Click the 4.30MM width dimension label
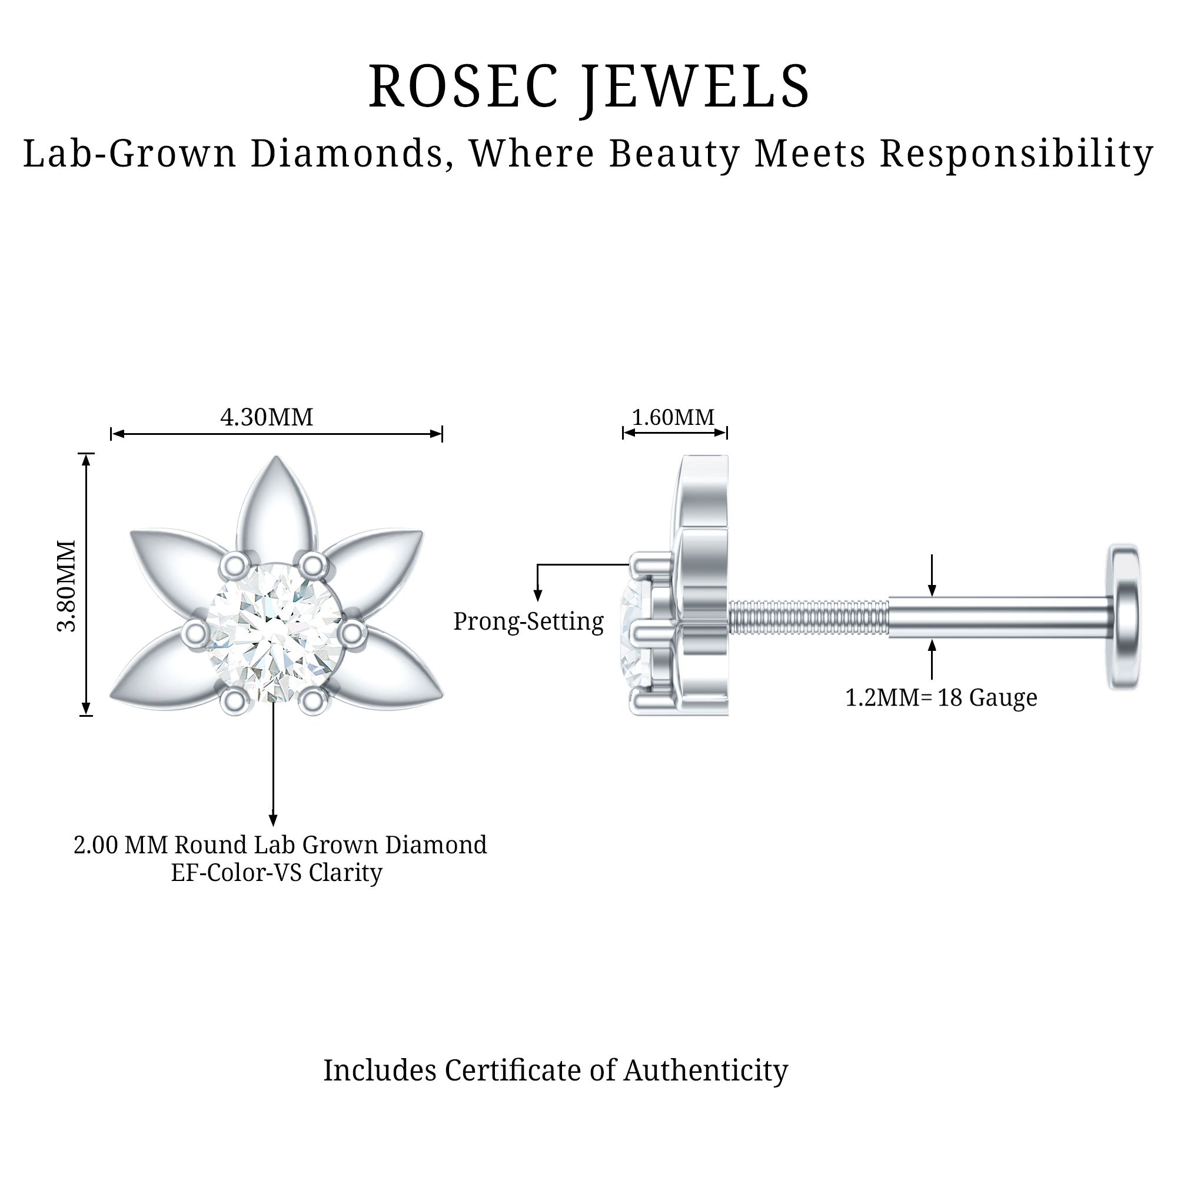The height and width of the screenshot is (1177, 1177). (266, 417)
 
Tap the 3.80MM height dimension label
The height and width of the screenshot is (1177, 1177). (67, 585)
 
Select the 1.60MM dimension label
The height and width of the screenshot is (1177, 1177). (673, 417)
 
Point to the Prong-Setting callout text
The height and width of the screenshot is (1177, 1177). (528, 621)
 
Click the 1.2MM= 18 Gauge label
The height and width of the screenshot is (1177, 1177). (940, 697)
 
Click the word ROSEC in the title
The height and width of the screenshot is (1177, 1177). (463, 87)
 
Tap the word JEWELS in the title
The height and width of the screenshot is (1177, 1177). (694, 87)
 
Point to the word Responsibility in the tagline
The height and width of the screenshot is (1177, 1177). (1016, 153)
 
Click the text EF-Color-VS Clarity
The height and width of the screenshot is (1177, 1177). (277, 872)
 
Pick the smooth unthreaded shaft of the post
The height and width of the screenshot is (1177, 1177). (999, 617)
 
